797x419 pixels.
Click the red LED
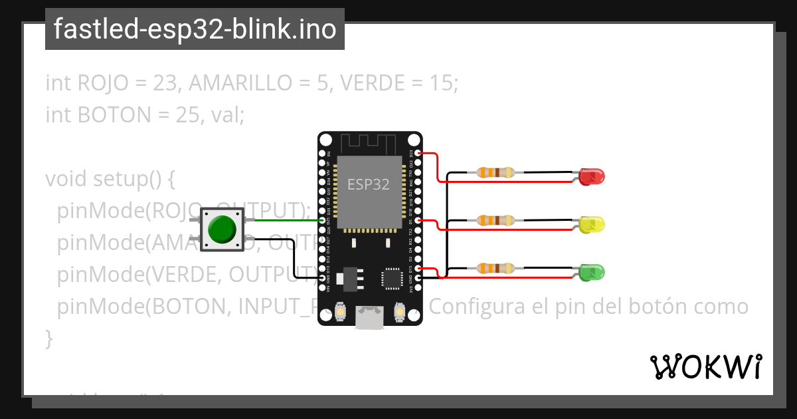click(x=591, y=177)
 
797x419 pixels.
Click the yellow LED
click(x=591, y=224)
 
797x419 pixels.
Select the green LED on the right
click(x=591, y=272)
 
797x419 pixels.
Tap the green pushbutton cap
click(x=222, y=229)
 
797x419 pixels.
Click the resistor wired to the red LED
click(x=495, y=173)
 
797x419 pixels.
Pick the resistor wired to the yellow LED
click(x=495, y=220)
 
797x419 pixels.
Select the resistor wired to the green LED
click(x=495, y=268)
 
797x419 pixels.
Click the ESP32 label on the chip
click(x=369, y=184)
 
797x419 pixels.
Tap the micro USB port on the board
click(x=369, y=318)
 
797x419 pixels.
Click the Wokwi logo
click(x=705, y=367)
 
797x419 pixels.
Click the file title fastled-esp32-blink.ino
click(x=195, y=30)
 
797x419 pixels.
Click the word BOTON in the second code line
click(x=114, y=115)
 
